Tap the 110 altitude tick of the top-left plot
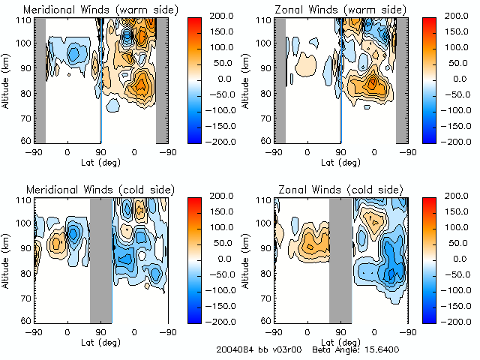pos(26,20)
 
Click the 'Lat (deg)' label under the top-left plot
pos(101,161)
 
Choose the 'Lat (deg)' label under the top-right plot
pos(341,161)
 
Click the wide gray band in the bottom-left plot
pos(100,259)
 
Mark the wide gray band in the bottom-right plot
pos(340,259)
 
